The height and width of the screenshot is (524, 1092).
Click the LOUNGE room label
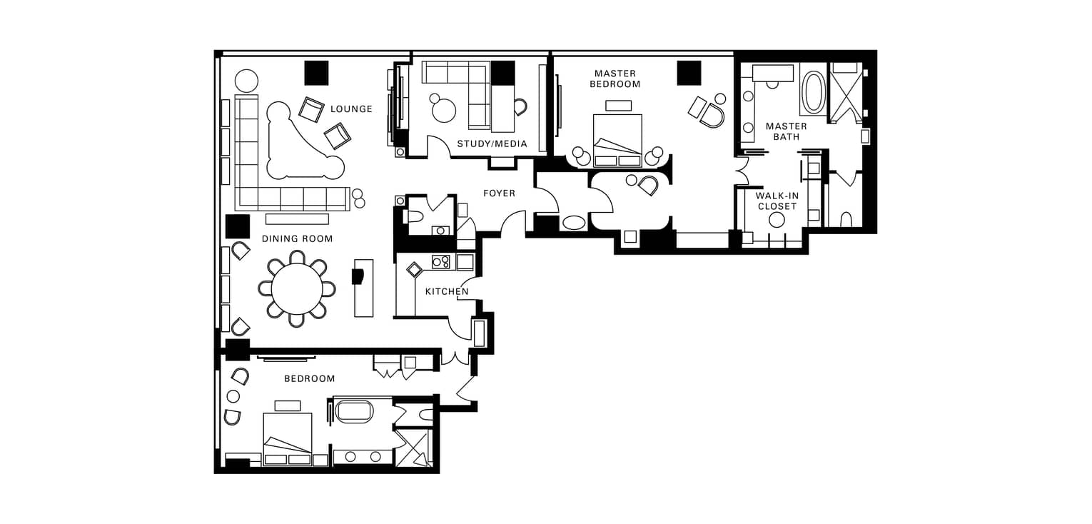pos(351,109)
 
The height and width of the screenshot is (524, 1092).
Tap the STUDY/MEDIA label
pos(492,143)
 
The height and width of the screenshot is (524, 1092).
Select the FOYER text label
pos(499,193)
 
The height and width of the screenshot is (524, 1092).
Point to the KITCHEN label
pos(447,291)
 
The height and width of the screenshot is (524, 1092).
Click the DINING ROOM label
pos(298,239)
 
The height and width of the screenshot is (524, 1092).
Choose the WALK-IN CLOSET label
pos(777,201)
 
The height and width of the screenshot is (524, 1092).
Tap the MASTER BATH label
pos(787,131)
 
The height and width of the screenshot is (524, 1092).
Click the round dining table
pos(297,290)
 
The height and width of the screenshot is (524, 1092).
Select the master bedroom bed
pos(617,141)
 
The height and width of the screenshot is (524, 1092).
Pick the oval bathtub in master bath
pos(813,92)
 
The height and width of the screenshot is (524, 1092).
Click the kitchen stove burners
pos(440,262)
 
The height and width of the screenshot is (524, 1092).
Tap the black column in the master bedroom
pos(689,73)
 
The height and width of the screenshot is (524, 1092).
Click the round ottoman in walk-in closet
pos(777,221)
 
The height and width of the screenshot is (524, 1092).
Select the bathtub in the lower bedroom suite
pos(355,412)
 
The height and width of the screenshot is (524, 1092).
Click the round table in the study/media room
pos(444,110)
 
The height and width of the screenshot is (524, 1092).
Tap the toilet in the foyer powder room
pos(415,216)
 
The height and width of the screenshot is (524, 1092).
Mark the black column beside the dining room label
pos(238,226)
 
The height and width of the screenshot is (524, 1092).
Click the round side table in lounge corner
pos(247,81)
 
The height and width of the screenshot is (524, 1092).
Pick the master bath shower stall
pos(845,92)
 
